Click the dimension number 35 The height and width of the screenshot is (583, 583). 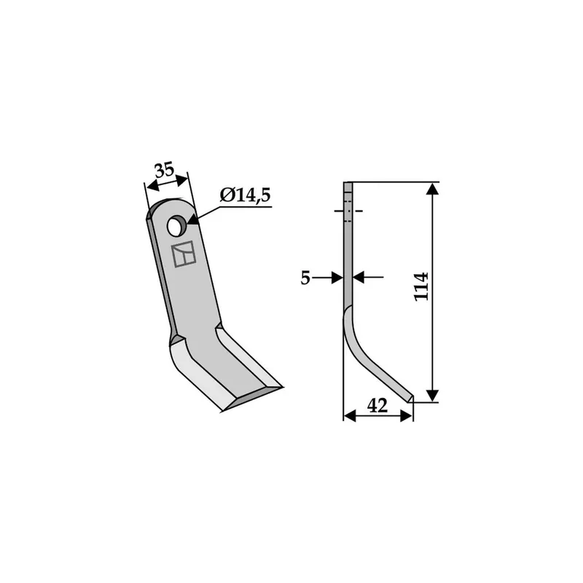(x=165, y=170)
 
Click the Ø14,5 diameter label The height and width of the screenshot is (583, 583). (x=245, y=195)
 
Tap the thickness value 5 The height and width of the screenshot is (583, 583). (x=305, y=278)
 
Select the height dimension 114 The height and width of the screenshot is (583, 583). (x=422, y=286)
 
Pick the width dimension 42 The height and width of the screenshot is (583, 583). (x=377, y=406)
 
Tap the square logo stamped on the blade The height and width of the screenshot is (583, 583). (x=184, y=254)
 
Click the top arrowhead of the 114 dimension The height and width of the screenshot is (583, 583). (x=432, y=189)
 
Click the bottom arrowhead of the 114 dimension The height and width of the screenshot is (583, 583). (x=432, y=396)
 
